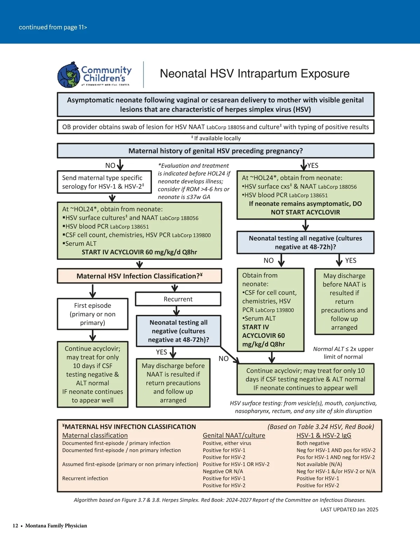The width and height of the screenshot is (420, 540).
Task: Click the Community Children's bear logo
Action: tap(69, 75)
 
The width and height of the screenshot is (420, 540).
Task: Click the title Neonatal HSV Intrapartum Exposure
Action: tap(254, 74)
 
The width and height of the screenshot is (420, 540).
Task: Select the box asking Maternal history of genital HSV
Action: tap(216, 151)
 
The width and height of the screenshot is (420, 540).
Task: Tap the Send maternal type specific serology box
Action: tap(104, 182)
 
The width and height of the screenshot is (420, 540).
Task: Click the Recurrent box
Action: tap(178, 299)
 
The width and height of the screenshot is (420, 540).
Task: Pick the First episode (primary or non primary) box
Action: tap(93, 314)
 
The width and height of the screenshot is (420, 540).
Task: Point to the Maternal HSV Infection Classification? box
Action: tap(139, 276)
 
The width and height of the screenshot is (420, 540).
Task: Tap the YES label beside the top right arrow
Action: tap(313, 166)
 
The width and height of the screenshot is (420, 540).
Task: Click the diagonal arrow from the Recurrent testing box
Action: tap(230, 355)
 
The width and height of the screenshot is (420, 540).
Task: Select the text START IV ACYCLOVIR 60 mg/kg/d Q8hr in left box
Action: tap(139, 252)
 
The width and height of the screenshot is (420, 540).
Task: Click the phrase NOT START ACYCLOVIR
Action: tap(305, 212)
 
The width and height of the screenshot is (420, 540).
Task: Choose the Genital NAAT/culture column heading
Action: tap(234, 436)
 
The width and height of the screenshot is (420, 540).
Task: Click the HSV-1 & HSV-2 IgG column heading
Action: tap(324, 436)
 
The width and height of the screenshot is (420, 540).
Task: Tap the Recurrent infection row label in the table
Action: tap(85, 478)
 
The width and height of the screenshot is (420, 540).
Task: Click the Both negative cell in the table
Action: tap(313, 443)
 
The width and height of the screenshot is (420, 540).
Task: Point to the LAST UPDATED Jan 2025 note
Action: tap(349, 509)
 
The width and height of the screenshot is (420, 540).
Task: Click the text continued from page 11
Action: tap(53, 27)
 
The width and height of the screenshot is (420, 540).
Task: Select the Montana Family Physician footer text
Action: tap(56, 526)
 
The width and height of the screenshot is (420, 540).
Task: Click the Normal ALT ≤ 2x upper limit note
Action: tap(343, 353)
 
